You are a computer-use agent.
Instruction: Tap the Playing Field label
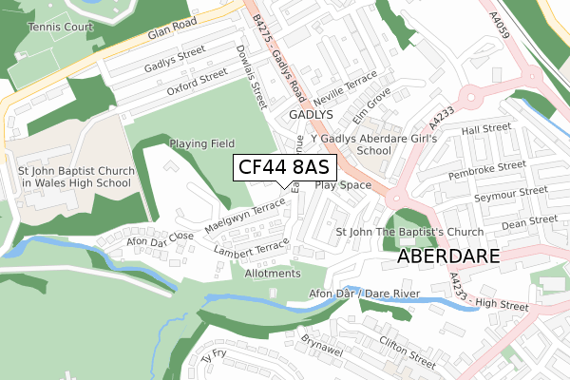(x=201, y=143)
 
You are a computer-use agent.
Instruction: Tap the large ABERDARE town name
(x=448, y=257)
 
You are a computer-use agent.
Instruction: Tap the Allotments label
(x=272, y=274)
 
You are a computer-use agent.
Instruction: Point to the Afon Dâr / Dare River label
(x=363, y=295)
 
